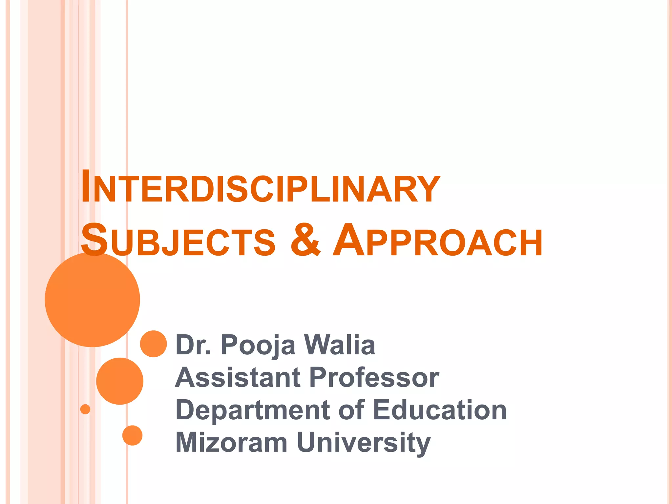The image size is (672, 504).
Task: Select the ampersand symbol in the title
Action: [305, 240]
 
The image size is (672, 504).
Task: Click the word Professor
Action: [374, 377]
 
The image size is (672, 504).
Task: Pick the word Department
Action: [253, 410]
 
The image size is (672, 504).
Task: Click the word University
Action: [363, 443]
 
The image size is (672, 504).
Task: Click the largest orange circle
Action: [93, 300]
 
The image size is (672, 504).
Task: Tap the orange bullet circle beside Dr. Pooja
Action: [153, 344]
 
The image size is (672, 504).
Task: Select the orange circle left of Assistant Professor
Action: [120, 381]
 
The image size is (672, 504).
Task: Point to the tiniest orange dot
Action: [85, 409]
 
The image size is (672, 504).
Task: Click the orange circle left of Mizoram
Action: [132, 435]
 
